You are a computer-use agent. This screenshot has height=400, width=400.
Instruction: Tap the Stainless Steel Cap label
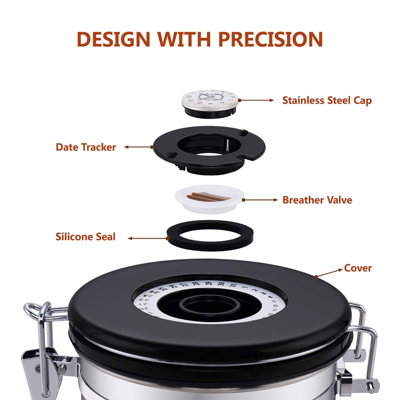coord(327,100)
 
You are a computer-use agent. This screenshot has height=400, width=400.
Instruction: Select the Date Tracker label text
coord(86,147)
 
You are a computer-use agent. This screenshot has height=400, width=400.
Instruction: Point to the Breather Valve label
coord(317,200)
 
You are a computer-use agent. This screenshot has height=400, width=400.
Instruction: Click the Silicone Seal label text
coord(85,236)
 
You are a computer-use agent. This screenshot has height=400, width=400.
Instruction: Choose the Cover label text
coord(358,268)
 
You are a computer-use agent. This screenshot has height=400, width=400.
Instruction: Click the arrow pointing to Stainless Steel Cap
coord(257,100)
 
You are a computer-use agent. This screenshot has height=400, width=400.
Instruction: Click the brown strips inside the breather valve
coord(206,195)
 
